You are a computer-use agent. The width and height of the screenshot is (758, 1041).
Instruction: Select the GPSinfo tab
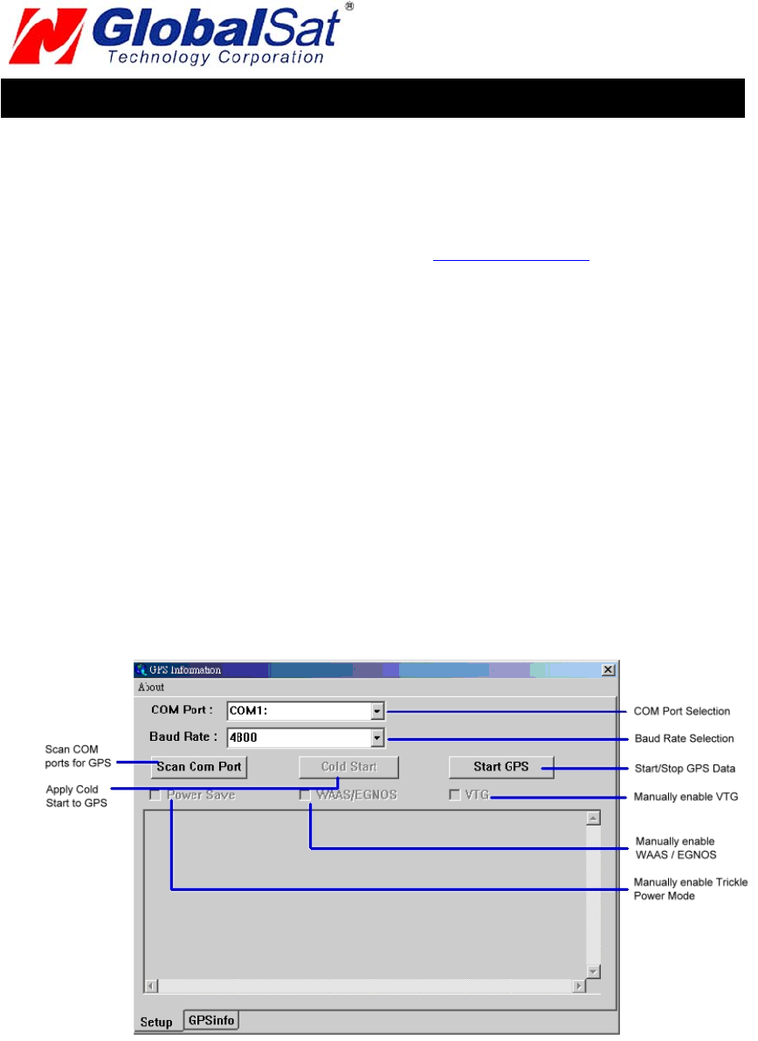pyautogui.click(x=211, y=1020)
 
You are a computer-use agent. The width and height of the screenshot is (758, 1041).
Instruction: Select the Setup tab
pyautogui.click(x=157, y=1021)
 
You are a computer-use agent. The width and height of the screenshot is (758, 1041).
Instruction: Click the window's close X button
pyautogui.click(x=608, y=670)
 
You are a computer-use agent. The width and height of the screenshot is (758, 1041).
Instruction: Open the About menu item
pyautogui.click(x=151, y=687)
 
